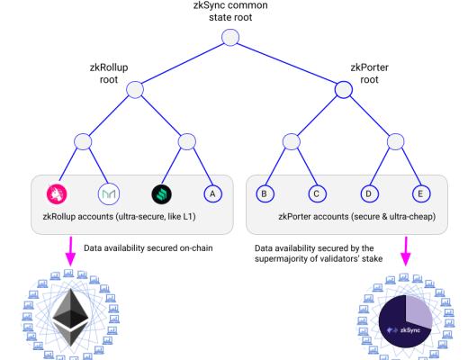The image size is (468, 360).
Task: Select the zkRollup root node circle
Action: (135, 89)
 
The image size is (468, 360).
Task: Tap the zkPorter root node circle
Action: (343, 89)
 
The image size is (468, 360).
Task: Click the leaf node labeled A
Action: (212, 192)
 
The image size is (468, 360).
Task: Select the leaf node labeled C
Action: (316, 192)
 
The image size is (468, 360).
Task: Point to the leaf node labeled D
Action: (367, 192)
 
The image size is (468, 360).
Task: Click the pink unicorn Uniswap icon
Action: (58, 192)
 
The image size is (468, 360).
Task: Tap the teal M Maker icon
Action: (108, 192)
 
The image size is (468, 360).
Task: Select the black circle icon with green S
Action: (161, 192)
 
